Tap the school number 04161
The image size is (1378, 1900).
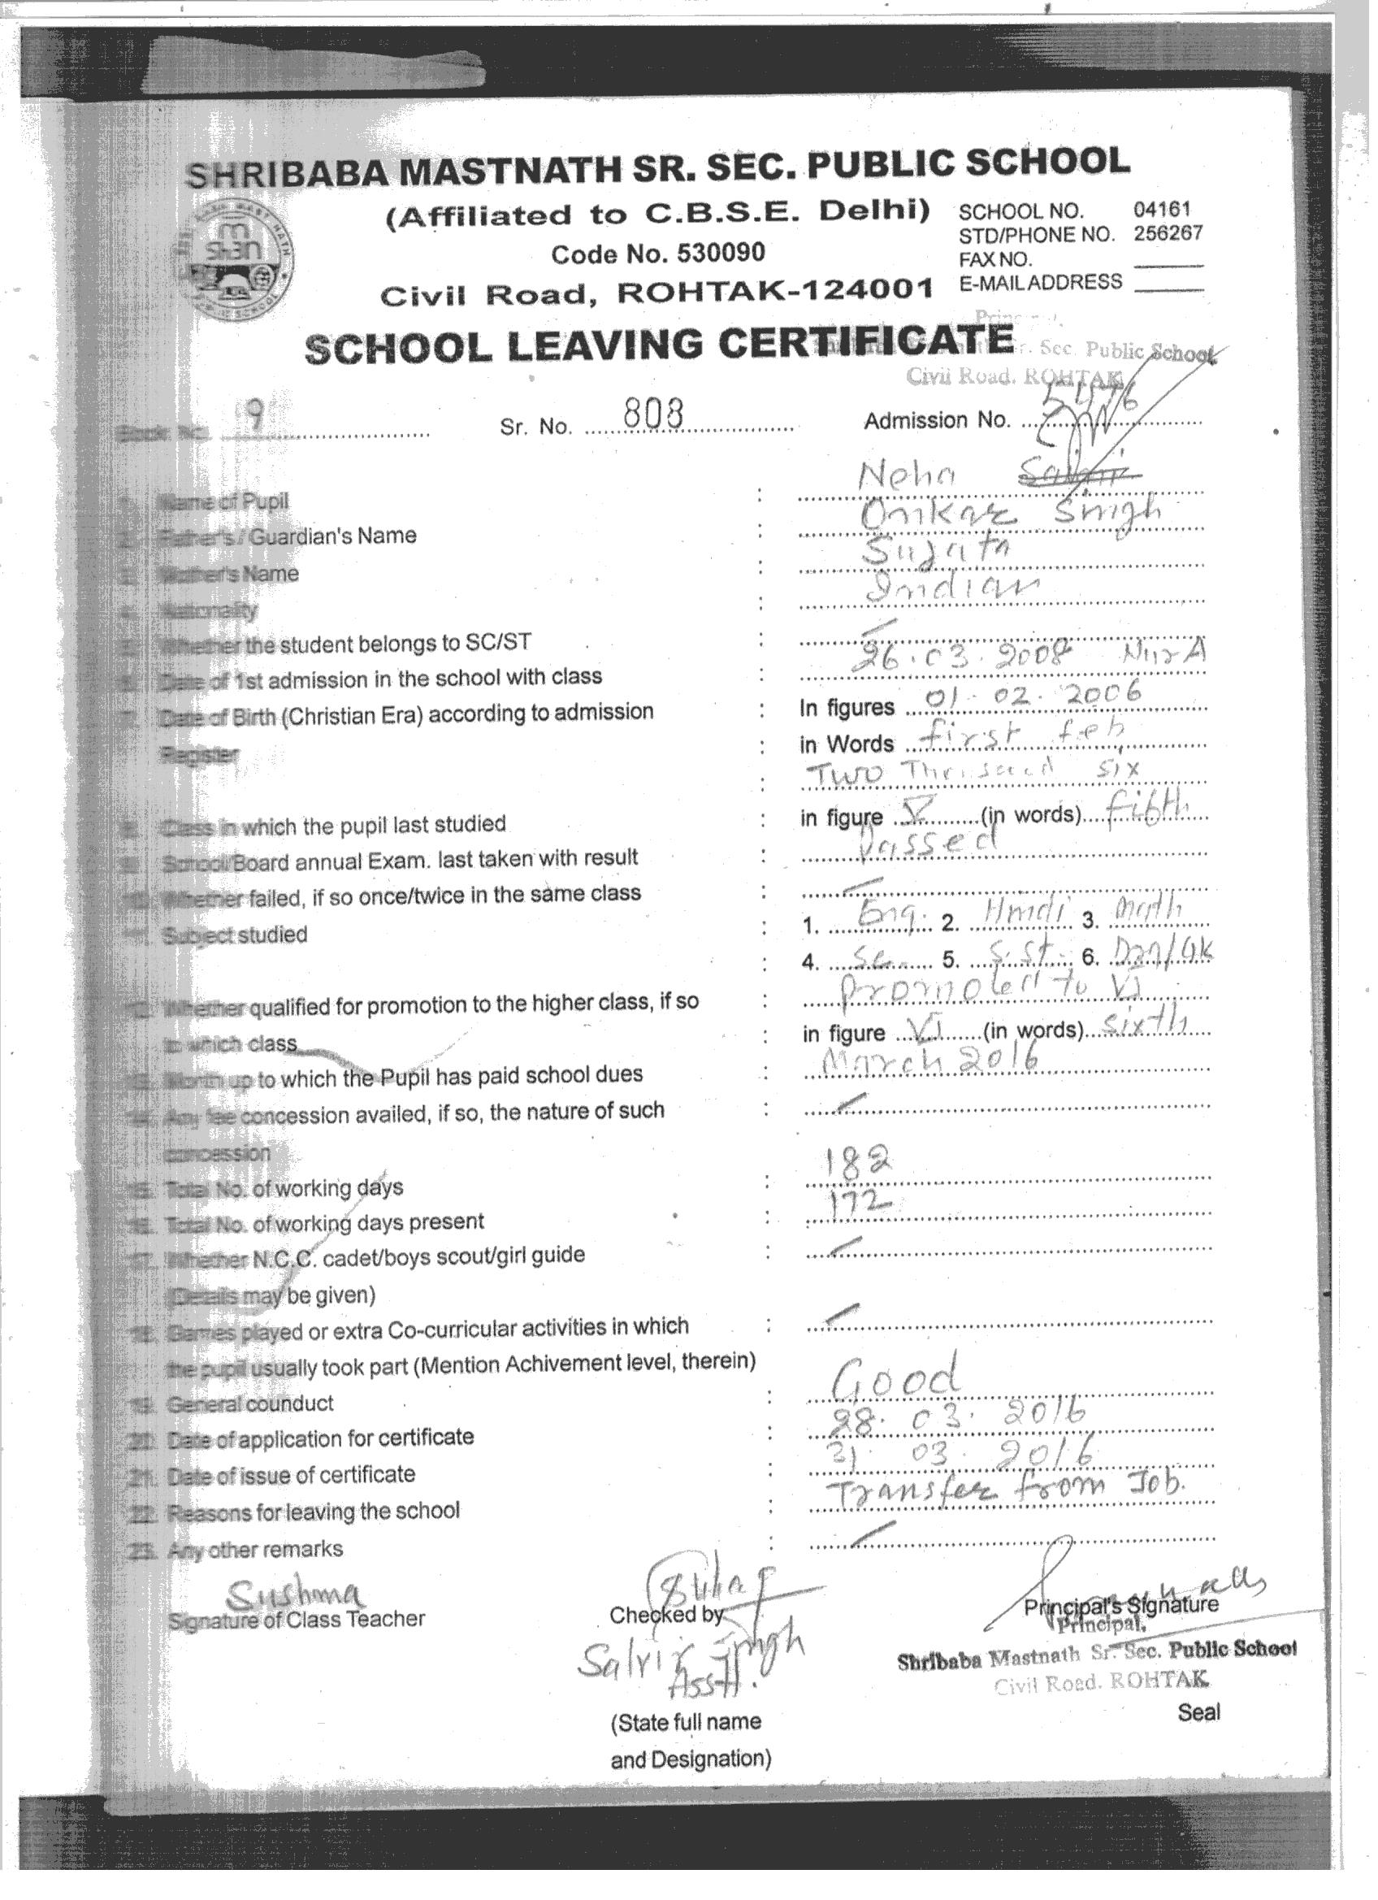tap(1161, 210)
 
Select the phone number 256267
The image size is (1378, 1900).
tap(1168, 234)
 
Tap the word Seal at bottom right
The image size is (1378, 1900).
tap(1198, 1712)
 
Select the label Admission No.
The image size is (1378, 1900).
tap(937, 420)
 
